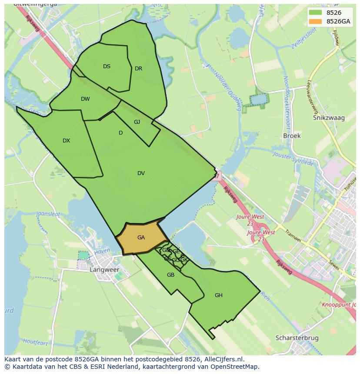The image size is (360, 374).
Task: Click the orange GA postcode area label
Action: point(141,238)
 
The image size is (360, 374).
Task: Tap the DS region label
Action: point(107,66)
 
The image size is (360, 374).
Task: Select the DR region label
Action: point(138,69)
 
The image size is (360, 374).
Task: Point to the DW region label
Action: point(85,99)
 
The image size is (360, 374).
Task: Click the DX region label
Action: point(66,141)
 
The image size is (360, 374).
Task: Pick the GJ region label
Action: point(137,122)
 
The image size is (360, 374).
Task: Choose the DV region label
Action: point(141,173)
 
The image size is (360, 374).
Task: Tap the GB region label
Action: point(170,275)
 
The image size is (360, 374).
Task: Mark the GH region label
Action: point(218,295)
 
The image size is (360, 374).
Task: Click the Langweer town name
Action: point(104,270)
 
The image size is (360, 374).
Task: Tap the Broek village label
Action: point(292,136)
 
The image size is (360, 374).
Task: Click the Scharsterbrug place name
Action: point(297,338)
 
